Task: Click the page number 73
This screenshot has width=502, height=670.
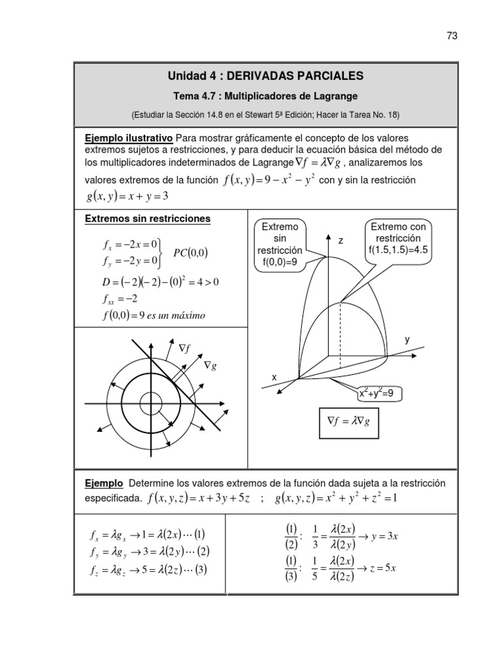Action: [x=451, y=36]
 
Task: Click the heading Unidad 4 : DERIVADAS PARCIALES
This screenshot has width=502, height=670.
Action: [x=266, y=77]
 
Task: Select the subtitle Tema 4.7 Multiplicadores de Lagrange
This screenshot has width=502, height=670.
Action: [x=266, y=96]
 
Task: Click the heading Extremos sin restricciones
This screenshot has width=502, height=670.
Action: [x=148, y=219]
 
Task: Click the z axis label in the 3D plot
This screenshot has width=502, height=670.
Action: [x=341, y=241]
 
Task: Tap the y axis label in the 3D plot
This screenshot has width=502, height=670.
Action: [x=407, y=340]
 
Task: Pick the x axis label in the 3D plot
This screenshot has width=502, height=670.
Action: [x=274, y=378]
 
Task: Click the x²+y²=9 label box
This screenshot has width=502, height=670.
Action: [x=379, y=394]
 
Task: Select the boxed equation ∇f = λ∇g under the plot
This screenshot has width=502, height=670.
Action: [x=347, y=423]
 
